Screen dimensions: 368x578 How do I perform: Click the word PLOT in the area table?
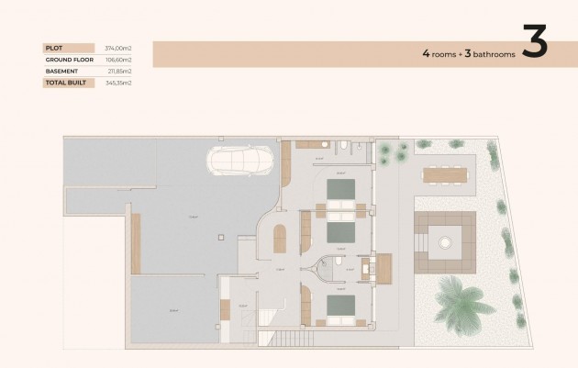tap(52, 48)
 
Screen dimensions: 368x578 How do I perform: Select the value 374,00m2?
tap(119, 48)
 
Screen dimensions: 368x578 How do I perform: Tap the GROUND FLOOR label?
tap(65, 59)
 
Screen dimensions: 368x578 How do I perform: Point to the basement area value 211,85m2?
tap(119, 71)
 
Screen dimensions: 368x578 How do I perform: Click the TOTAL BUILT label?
tap(62, 83)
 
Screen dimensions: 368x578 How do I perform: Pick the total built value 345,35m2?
tap(119, 83)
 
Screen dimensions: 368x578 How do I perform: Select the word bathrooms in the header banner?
tap(490, 54)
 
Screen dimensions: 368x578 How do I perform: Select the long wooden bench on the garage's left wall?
tap(136, 242)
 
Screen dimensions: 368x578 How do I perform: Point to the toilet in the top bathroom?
tap(341, 146)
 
